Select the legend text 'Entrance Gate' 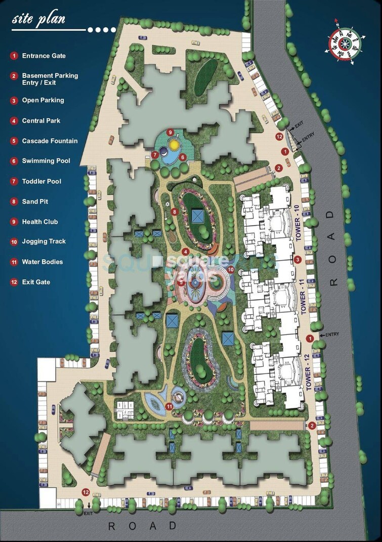coord(44,56)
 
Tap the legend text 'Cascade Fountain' coord(50,141)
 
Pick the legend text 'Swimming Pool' coord(46,161)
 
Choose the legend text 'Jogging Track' coord(44,241)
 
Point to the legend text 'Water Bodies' coord(43,262)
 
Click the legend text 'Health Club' coord(40,222)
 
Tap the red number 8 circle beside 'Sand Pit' coord(14,201)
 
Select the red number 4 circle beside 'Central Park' coord(14,121)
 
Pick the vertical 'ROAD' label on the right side coord(332,248)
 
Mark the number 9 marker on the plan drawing coord(171,133)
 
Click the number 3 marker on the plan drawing coord(298,260)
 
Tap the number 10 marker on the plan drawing coord(231,270)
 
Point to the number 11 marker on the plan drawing coord(169,405)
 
